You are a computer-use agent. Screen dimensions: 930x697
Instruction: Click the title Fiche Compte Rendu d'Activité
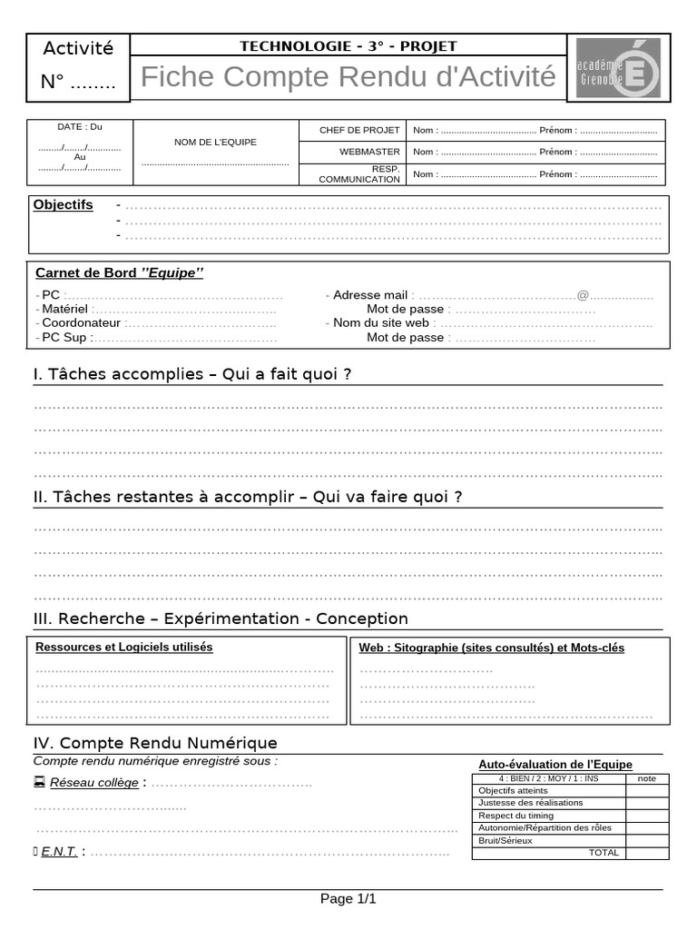click(x=348, y=78)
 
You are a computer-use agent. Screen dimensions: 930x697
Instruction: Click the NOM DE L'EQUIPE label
click(x=215, y=143)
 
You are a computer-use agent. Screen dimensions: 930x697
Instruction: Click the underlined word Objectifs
click(x=64, y=205)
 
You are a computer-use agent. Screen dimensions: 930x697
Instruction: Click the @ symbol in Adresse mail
click(x=583, y=295)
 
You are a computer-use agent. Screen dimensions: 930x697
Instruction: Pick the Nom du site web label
click(x=381, y=323)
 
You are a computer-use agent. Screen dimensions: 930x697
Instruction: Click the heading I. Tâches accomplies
click(x=191, y=375)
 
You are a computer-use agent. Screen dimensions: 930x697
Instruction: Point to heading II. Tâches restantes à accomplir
click(x=248, y=498)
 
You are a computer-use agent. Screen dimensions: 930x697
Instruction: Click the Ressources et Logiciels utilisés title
click(x=123, y=648)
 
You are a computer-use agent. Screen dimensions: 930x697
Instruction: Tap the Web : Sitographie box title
click(x=492, y=648)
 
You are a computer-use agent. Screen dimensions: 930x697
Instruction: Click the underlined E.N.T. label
click(x=59, y=852)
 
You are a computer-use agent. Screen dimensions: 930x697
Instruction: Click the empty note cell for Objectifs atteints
click(x=647, y=791)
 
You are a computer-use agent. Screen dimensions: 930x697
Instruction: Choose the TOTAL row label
click(x=604, y=853)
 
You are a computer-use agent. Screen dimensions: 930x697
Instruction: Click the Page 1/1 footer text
click(x=348, y=899)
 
